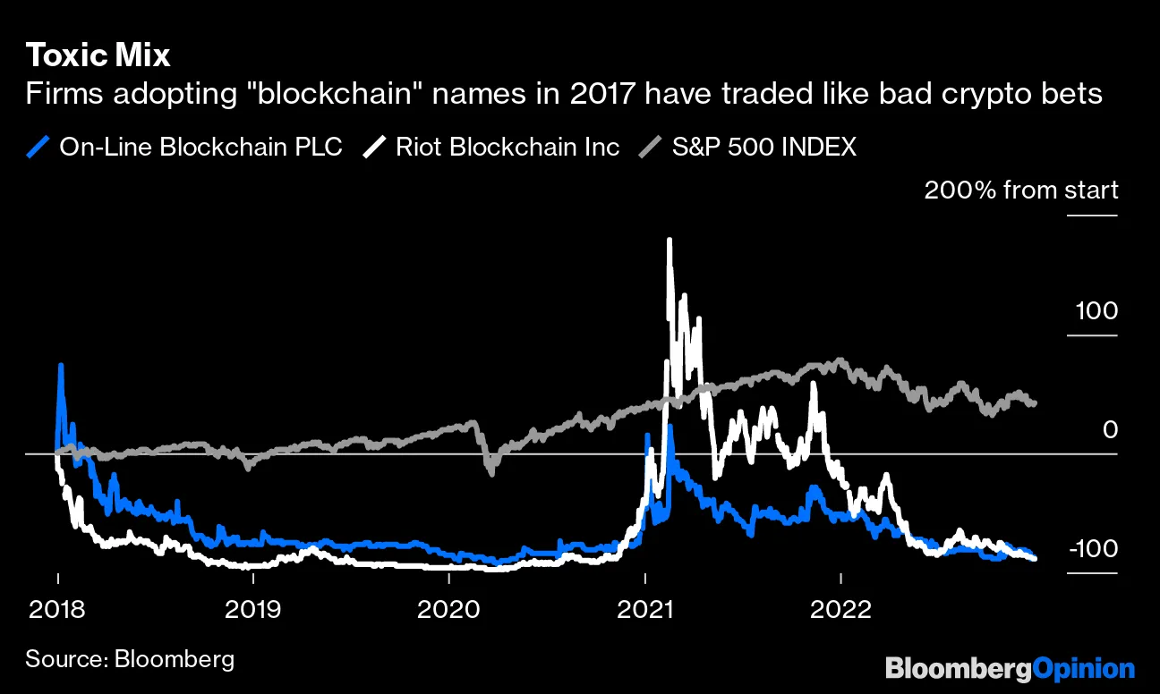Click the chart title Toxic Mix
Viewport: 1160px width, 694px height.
tap(98, 55)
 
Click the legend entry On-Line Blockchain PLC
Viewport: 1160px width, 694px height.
tap(200, 147)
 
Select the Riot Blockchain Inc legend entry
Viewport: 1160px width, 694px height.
tap(507, 147)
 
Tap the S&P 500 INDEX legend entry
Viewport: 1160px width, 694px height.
tap(763, 147)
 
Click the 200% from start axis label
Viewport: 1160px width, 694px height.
tap(1020, 190)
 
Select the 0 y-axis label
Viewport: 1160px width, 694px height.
tap(1110, 430)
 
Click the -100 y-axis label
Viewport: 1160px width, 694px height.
tap(1092, 549)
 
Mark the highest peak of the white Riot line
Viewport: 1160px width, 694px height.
tap(669, 241)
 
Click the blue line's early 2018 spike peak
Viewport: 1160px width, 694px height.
tap(61, 366)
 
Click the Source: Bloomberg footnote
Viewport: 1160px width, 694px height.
tap(130, 660)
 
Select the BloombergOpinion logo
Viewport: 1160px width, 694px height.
tap(1010, 668)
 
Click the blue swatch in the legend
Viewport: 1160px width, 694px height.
tap(38, 147)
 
